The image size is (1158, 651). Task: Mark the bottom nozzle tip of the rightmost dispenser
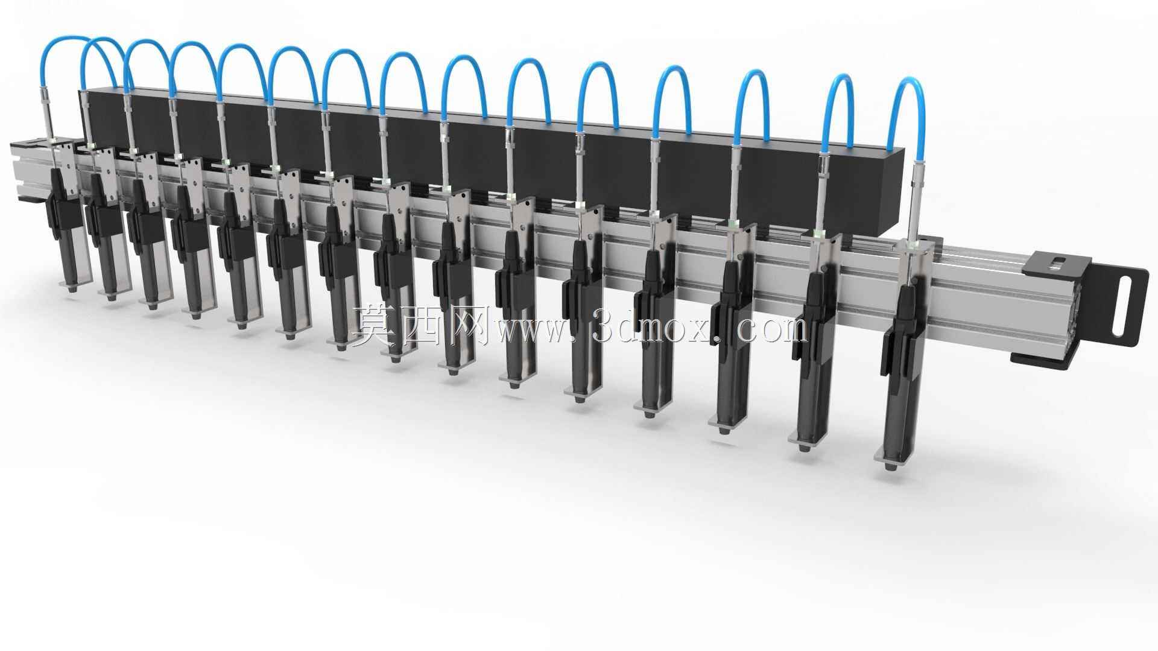pyautogui.click(x=890, y=466)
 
